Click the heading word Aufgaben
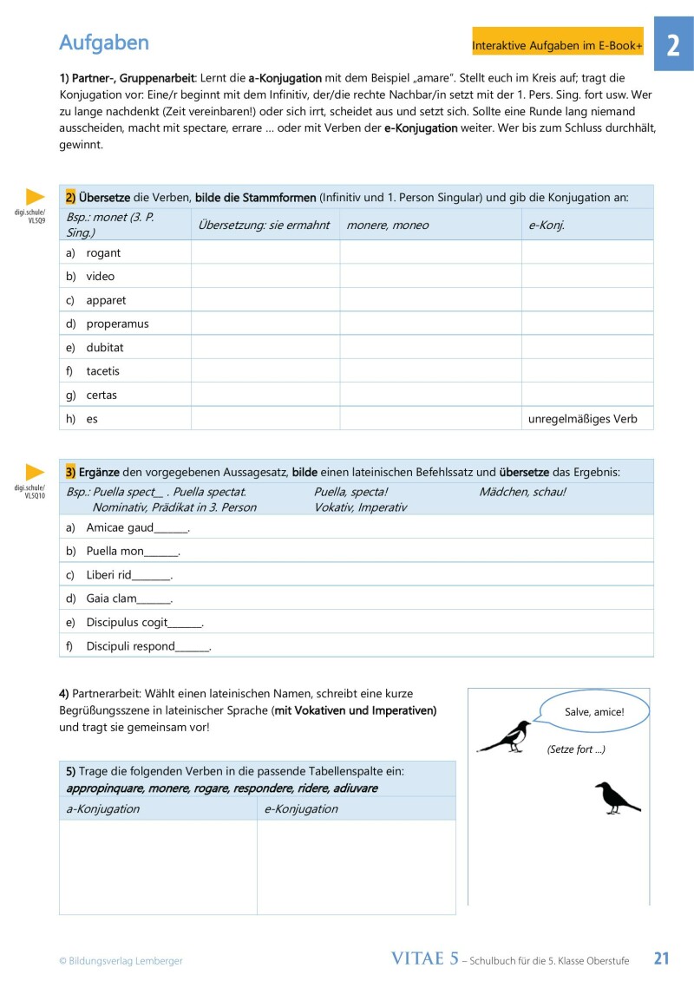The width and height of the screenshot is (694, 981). click(104, 43)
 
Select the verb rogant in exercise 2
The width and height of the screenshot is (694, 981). click(103, 252)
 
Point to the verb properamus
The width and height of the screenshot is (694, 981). click(117, 324)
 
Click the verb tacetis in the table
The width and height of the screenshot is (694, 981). click(103, 371)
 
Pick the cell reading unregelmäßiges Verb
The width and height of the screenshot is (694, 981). click(583, 419)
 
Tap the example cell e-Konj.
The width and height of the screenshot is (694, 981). click(547, 226)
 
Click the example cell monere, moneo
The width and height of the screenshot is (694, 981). click(387, 226)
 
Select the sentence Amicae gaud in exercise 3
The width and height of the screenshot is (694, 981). click(137, 527)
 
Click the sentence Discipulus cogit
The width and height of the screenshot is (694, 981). click(144, 622)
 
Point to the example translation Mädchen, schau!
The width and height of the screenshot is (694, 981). click(522, 492)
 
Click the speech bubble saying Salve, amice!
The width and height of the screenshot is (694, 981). click(594, 712)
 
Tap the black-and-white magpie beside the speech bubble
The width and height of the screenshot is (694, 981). click(507, 736)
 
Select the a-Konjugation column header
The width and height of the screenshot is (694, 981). click(103, 808)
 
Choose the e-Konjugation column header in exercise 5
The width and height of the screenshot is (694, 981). click(301, 808)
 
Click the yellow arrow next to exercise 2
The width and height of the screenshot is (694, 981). click(35, 197)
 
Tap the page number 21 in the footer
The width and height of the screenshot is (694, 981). click(662, 958)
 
